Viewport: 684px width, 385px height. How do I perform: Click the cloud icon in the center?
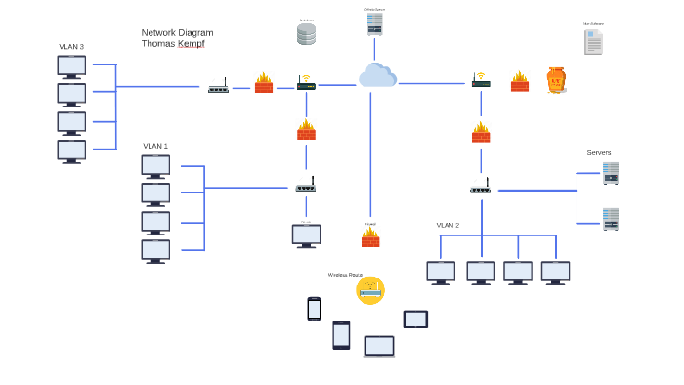[377, 75]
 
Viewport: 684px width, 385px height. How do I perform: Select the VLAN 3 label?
[71, 47]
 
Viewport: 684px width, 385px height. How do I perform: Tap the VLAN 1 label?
[155, 146]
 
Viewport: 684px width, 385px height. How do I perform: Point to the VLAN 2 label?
[448, 226]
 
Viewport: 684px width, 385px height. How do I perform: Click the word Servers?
[599, 152]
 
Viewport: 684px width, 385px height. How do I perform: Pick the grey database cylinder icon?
[307, 34]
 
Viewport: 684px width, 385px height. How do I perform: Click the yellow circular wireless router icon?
[370, 290]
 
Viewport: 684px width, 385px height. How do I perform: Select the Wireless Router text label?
[345, 275]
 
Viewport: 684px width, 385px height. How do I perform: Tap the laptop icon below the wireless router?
[379, 346]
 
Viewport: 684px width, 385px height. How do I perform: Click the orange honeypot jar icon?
[556, 80]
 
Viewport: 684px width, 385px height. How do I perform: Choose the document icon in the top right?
[593, 42]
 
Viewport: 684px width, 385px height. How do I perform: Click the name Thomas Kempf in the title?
[173, 43]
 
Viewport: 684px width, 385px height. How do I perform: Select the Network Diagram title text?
[177, 32]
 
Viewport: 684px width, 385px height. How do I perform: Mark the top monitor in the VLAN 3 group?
[71, 66]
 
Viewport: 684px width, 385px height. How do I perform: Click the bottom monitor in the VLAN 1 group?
[155, 251]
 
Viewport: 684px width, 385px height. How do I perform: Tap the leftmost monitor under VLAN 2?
[441, 272]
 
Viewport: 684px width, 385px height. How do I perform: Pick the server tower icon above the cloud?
[374, 24]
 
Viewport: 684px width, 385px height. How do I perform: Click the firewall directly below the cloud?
[370, 237]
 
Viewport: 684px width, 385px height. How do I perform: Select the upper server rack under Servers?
[611, 173]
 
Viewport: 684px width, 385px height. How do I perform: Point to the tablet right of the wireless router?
[415, 319]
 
